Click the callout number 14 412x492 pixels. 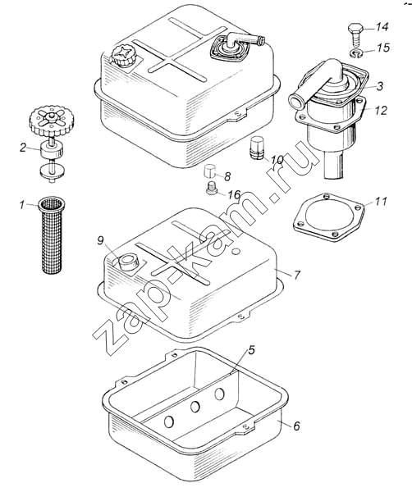[x=382, y=27]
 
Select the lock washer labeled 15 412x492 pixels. [x=356, y=53]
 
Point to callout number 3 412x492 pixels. [x=380, y=86]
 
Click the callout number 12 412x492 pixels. [x=381, y=110]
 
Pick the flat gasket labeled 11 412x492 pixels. [x=329, y=217]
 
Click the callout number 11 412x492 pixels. [x=381, y=201]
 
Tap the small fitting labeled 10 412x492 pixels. [x=257, y=148]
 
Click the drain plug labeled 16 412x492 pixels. [x=213, y=188]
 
